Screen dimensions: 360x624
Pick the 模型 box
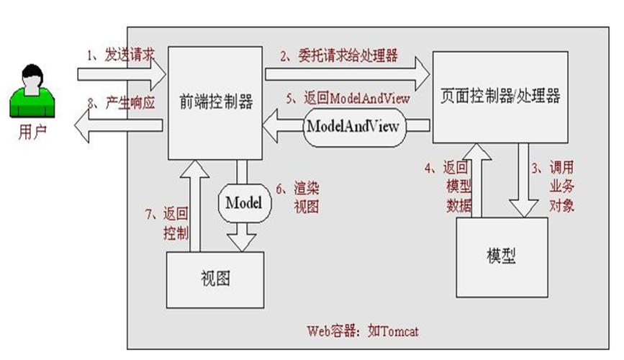coord(501,256)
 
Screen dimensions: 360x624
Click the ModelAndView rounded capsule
coord(354,124)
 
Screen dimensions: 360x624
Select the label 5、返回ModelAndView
coord(347,99)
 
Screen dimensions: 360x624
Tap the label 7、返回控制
coord(168,222)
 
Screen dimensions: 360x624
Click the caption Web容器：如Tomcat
coord(362,331)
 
